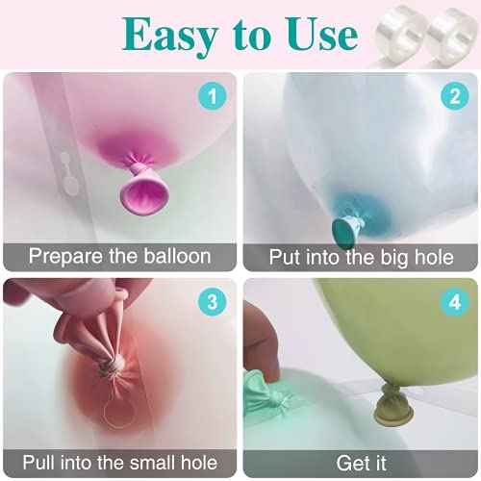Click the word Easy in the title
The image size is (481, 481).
(x=170, y=36)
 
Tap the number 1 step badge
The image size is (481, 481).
(x=213, y=96)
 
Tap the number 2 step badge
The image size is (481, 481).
(x=455, y=96)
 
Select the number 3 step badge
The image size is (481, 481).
(x=213, y=302)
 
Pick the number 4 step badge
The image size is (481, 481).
(x=455, y=302)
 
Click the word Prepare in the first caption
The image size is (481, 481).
(x=66, y=258)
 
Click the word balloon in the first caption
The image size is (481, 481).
(x=177, y=256)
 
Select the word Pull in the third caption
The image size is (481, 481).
(x=38, y=462)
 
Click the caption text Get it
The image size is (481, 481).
(x=361, y=464)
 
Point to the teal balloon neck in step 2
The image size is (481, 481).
(x=346, y=229)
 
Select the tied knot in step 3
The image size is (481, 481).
(x=114, y=365)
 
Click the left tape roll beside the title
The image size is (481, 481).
(x=399, y=37)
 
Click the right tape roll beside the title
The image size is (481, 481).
(x=452, y=37)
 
